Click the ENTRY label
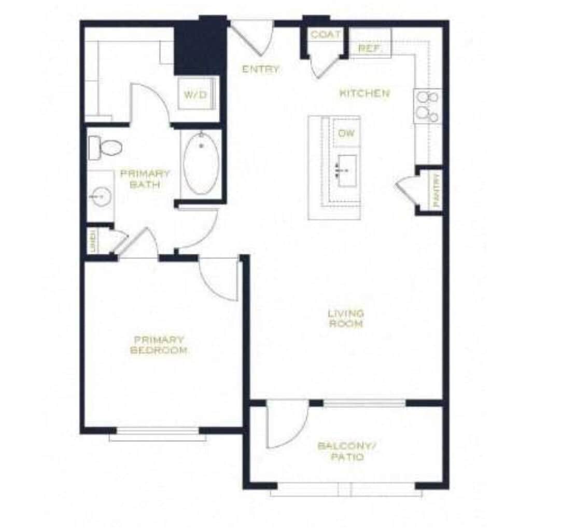coord(261,69)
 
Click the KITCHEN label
coord(364,93)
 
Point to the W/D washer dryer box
coord(195,95)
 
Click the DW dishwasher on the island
coord(346,133)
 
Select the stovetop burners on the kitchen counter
coord(427,106)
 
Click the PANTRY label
coord(436,190)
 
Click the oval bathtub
coord(201,163)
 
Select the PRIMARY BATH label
coord(145,179)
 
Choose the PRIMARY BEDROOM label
coord(159,345)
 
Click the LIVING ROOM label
coord(346,319)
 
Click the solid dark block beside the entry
coord(200,47)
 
